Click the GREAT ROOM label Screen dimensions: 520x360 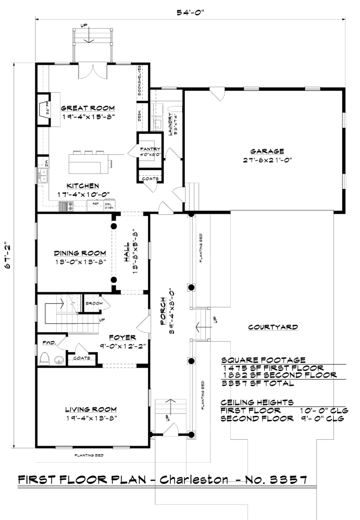88,108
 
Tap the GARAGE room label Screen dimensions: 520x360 267,151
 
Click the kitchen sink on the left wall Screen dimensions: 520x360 44,176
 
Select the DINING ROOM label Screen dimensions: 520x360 79,253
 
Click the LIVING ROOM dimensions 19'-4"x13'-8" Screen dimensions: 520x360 90,417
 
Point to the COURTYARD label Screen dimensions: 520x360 273,327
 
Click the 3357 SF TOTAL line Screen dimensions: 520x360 257,383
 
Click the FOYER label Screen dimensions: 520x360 122,337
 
